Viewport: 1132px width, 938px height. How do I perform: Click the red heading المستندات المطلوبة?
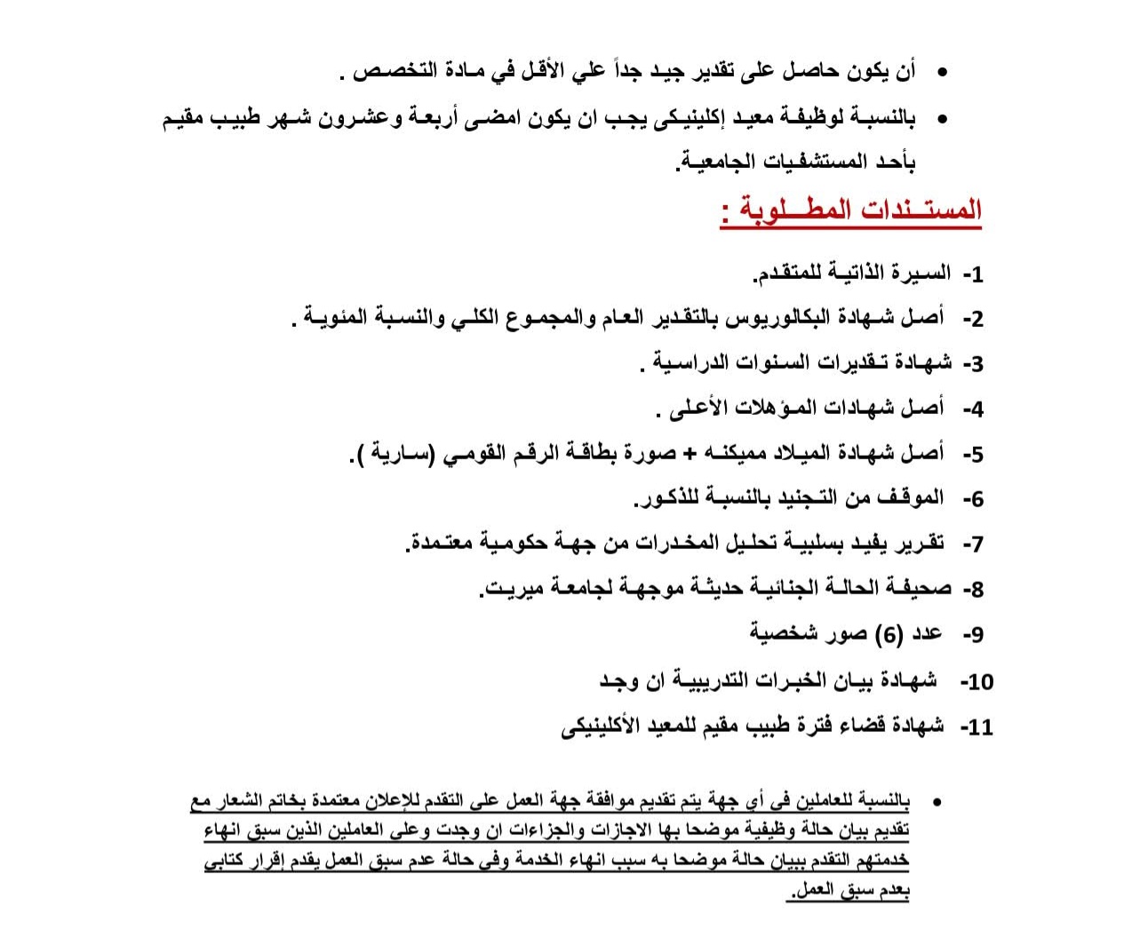(850, 211)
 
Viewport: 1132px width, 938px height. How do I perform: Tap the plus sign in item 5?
(691, 453)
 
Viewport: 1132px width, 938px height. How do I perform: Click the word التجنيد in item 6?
(818, 497)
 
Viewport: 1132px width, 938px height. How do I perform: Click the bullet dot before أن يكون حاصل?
(942, 73)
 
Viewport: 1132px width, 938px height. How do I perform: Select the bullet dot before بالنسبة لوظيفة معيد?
(942, 118)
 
